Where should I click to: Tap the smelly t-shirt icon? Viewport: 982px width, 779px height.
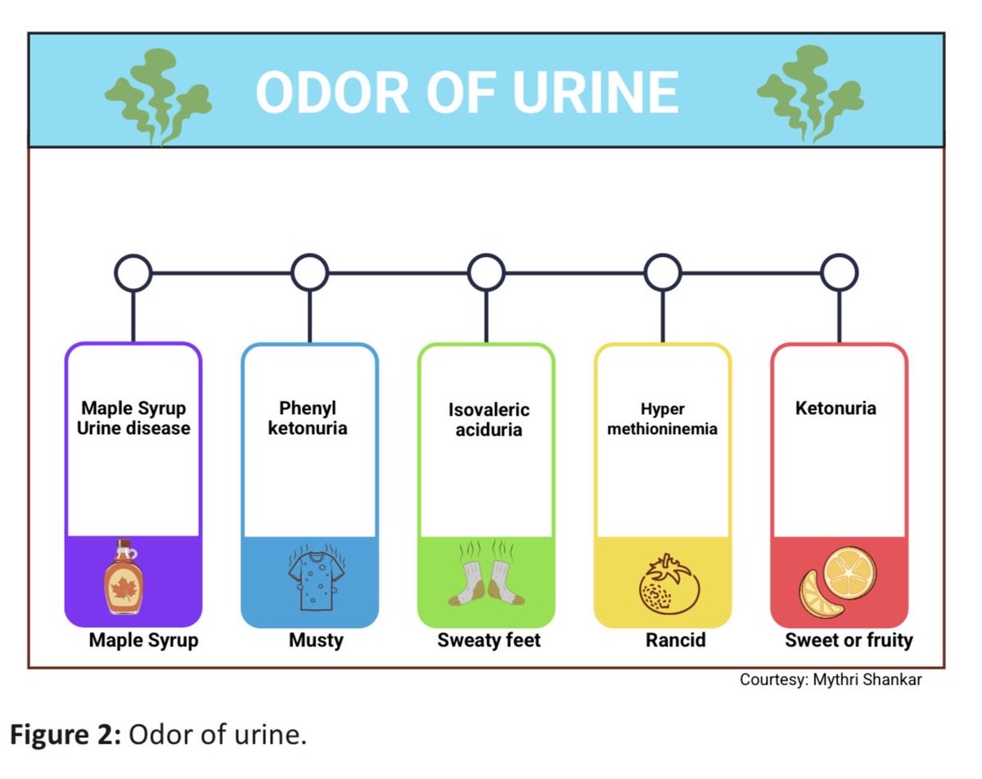[312, 577]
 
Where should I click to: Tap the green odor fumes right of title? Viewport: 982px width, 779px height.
[808, 92]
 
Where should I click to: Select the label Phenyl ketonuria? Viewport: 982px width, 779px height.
[308, 417]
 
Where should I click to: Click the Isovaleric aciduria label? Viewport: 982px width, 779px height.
[489, 419]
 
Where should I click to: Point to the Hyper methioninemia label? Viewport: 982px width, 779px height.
[662, 419]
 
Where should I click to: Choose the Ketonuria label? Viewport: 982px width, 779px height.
[836, 408]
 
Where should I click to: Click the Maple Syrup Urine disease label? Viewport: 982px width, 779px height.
[133, 417]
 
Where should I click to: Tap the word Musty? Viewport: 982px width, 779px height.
[316, 640]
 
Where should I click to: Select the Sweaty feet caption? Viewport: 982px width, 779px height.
[489, 640]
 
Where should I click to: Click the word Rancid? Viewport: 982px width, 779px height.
[675, 640]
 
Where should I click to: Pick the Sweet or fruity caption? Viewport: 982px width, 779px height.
[849, 640]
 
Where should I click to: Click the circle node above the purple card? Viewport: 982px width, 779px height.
[133, 272]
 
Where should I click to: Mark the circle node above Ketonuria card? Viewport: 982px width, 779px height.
[839, 272]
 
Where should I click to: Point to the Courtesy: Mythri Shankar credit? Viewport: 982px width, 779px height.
[831, 679]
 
